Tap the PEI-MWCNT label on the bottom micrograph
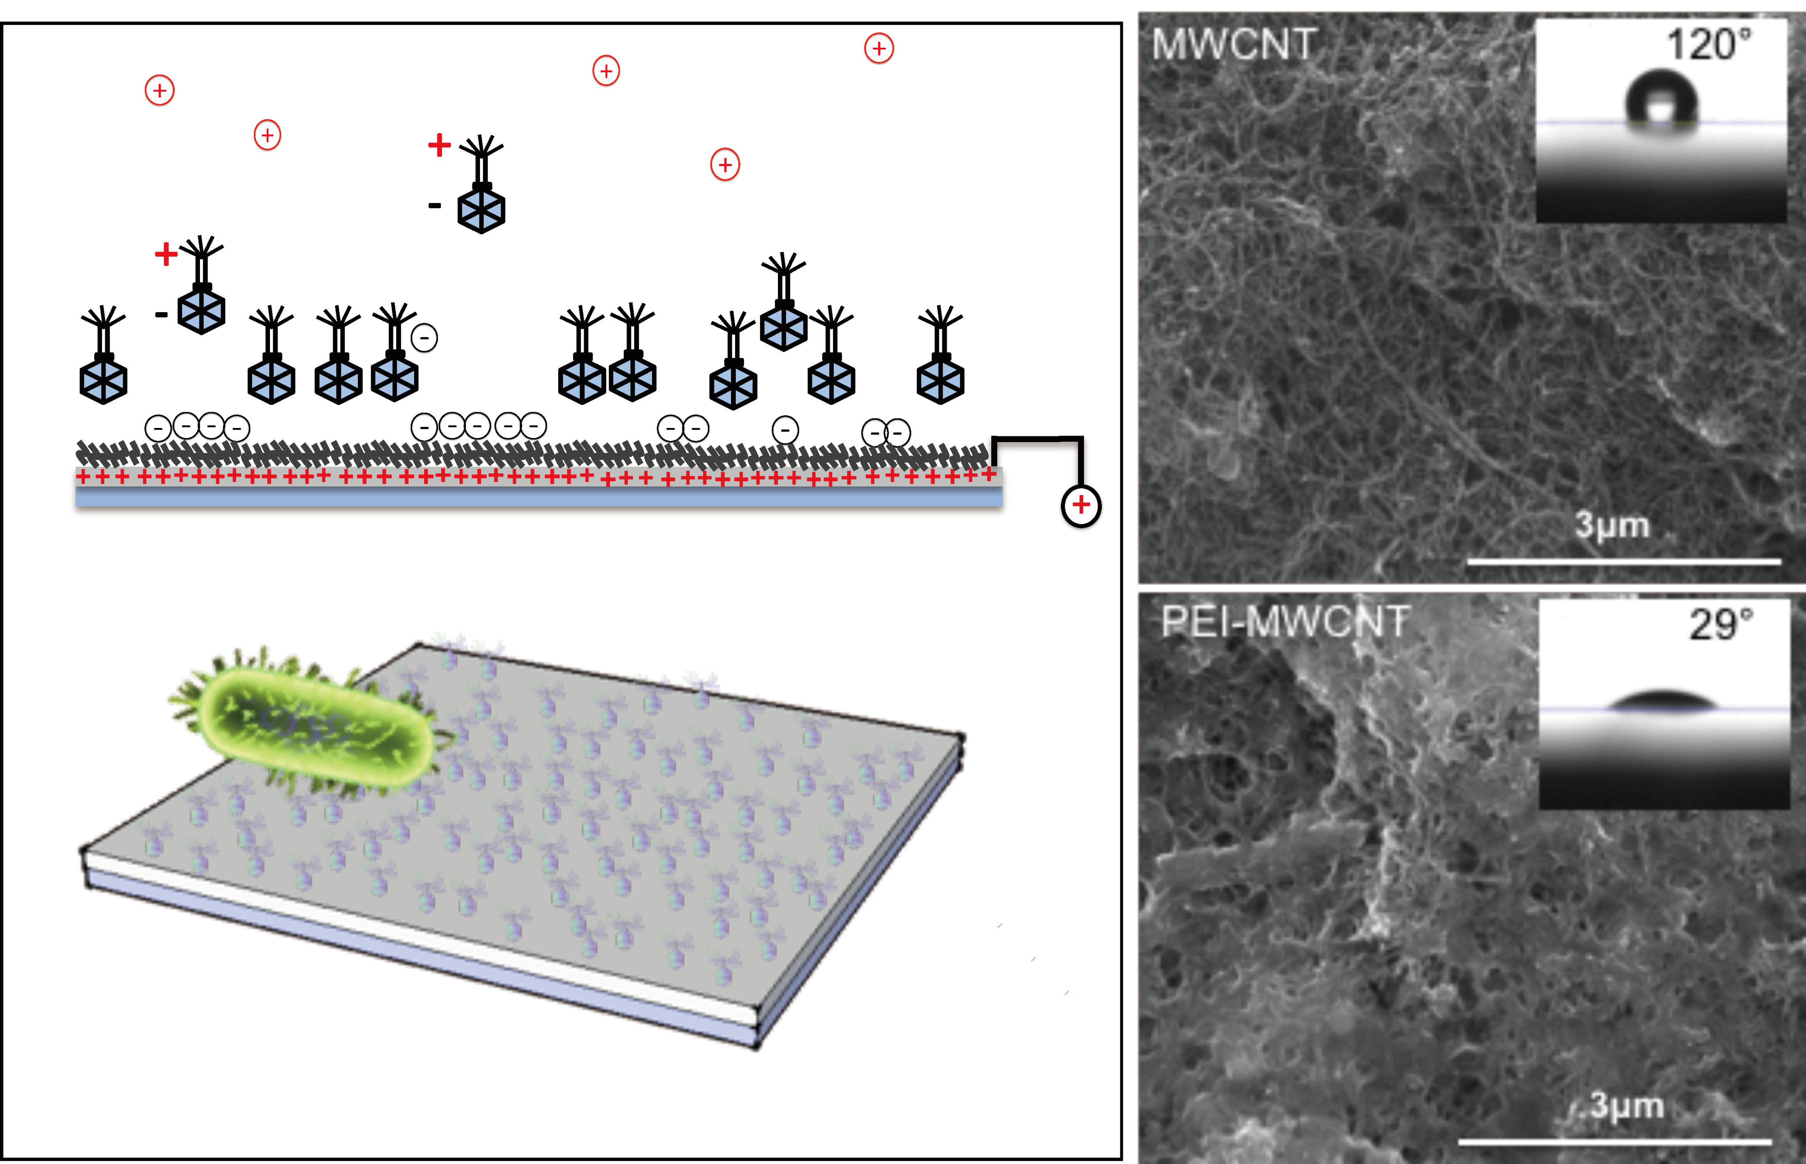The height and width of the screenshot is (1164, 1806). pyautogui.click(x=1285, y=622)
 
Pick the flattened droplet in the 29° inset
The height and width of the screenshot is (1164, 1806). pyautogui.click(x=1661, y=701)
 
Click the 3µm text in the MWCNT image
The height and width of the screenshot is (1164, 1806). pyautogui.click(x=1612, y=525)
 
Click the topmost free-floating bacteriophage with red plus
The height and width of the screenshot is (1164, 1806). pyautogui.click(x=480, y=185)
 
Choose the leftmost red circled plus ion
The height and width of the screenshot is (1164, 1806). pyautogui.click(x=159, y=91)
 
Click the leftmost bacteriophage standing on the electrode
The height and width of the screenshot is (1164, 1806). pyautogui.click(x=104, y=355)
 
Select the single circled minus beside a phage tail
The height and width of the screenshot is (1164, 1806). pyautogui.click(x=424, y=337)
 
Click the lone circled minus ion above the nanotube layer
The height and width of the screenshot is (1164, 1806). pyautogui.click(x=785, y=430)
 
